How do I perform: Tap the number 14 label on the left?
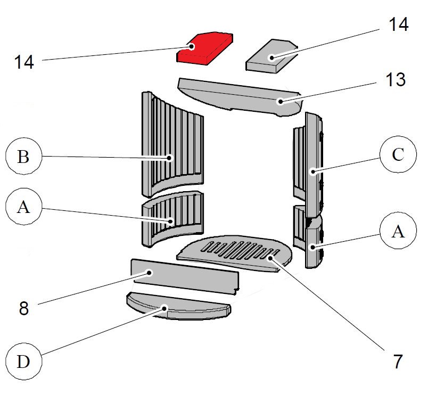(24, 62)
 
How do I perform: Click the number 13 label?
(394, 80)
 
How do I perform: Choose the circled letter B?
(23, 157)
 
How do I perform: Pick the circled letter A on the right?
(398, 233)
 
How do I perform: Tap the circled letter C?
(398, 156)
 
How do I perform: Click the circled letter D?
(23, 362)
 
